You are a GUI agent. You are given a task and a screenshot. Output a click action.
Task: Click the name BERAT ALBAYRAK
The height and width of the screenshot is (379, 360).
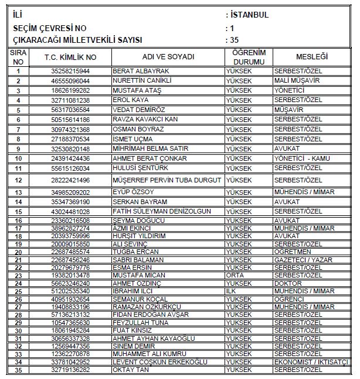point(135,70)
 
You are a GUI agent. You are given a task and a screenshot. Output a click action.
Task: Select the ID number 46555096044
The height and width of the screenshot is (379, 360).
point(70,80)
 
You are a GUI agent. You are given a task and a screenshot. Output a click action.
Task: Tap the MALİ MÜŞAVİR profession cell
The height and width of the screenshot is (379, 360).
point(297,80)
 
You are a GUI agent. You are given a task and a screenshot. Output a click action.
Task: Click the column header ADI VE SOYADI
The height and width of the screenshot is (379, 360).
point(168,57)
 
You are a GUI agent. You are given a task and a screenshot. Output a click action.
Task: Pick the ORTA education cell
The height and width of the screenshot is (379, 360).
point(236,275)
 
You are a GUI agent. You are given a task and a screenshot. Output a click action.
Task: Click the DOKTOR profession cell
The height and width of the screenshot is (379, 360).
point(291,283)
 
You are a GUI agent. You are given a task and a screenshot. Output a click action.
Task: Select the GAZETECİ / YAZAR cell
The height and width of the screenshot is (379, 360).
point(304,259)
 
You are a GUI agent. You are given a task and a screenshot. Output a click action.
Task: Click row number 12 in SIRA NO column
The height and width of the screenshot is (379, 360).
point(19,180)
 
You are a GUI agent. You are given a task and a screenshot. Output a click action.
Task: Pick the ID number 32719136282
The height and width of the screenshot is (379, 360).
point(70,370)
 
